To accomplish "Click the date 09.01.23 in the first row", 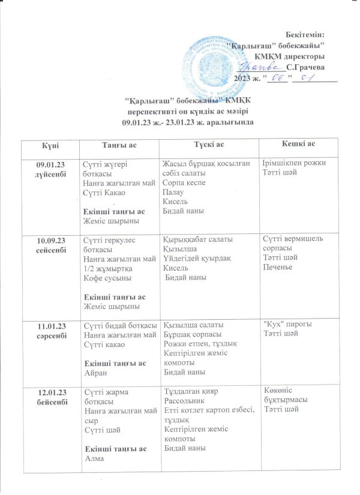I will tap(51, 163).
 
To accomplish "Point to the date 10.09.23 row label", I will tap(51, 240).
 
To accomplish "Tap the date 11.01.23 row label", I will tap(51, 326).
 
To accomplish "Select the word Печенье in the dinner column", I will tap(278, 266).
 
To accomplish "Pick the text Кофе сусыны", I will tap(104, 278).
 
